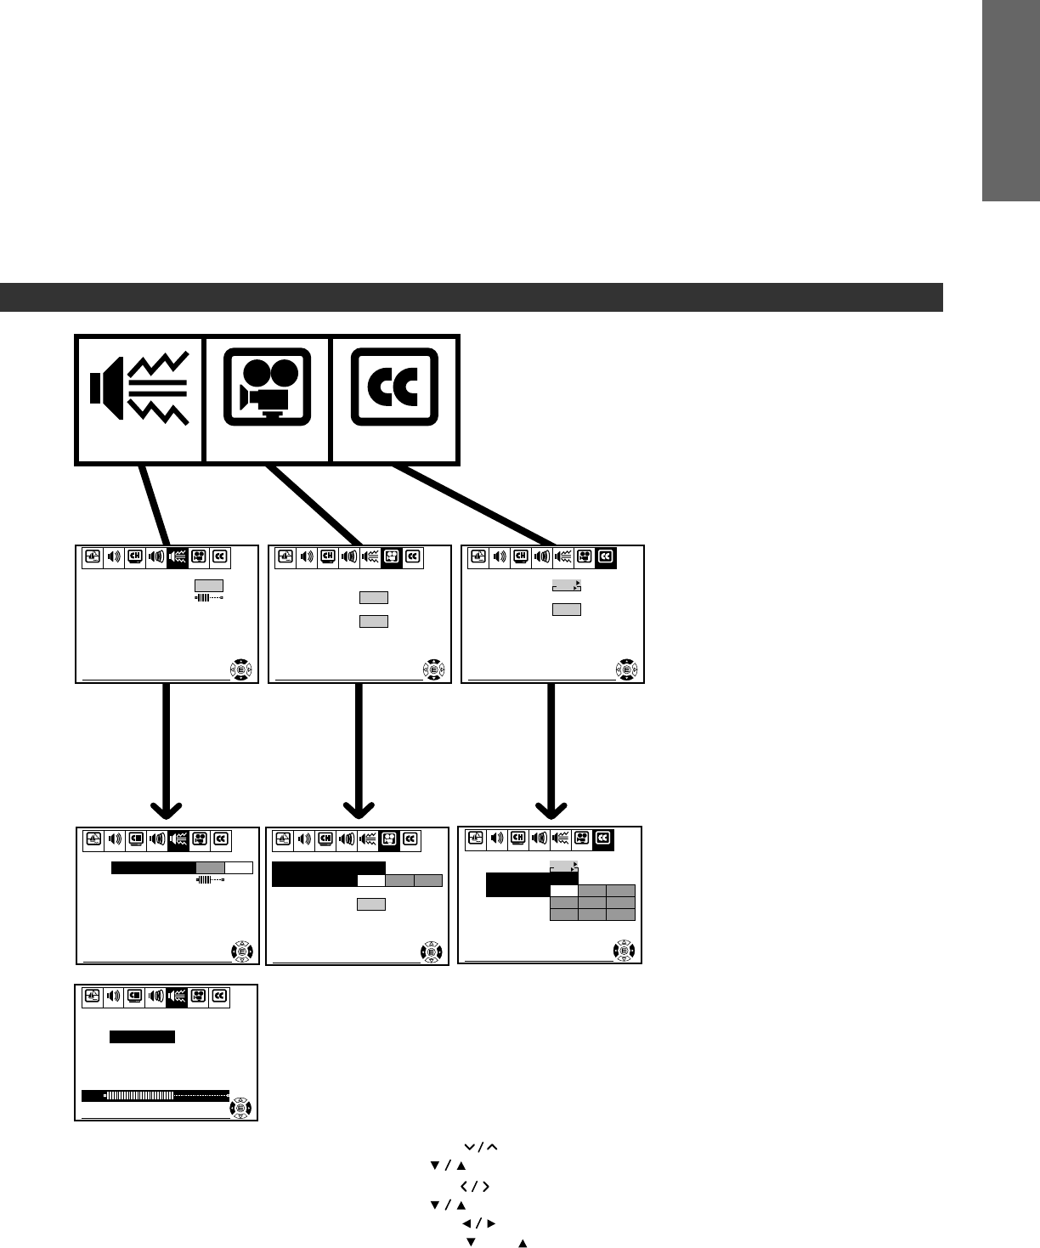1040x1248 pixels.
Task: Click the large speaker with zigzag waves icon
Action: click(139, 398)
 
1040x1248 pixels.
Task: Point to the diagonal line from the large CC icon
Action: click(476, 505)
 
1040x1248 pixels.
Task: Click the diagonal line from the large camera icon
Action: click(314, 505)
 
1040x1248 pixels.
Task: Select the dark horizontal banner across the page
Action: click(472, 297)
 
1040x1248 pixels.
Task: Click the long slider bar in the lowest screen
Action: click(155, 1096)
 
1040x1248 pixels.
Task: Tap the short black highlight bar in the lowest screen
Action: click(142, 1036)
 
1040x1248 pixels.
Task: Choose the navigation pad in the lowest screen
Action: click(241, 1109)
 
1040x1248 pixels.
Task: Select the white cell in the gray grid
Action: click(564, 891)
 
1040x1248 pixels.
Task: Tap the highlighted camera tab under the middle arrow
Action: click(389, 840)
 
